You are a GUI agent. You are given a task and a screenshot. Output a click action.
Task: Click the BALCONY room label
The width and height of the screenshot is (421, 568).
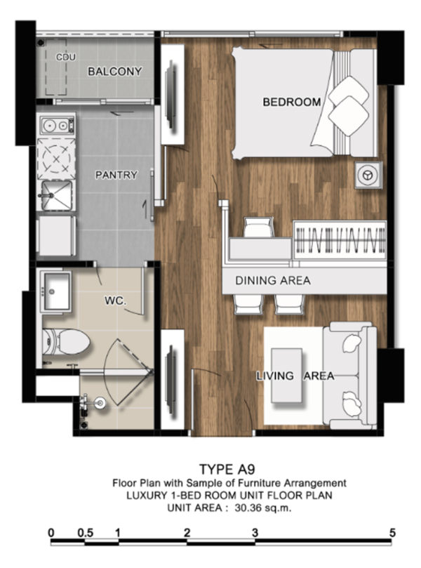click(x=115, y=72)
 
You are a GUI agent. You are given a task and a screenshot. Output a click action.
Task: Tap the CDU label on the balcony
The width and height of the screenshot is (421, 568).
click(x=65, y=57)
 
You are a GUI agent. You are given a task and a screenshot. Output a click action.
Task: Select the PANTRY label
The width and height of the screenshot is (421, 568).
click(x=116, y=175)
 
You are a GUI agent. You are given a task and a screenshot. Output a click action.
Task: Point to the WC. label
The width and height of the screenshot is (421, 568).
click(x=116, y=300)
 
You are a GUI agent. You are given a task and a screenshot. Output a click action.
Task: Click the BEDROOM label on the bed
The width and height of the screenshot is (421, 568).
click(x=292, y=102)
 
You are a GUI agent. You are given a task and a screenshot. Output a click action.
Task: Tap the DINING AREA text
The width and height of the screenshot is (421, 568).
click(x=272, y=280)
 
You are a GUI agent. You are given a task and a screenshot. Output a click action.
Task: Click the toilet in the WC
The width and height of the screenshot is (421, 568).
click(x=65, y=342)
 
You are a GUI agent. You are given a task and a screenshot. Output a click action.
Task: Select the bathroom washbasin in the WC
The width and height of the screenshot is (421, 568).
click(x=57, y=291)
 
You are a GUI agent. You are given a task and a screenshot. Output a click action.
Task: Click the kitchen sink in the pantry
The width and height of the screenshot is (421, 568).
click(x=56, y=196)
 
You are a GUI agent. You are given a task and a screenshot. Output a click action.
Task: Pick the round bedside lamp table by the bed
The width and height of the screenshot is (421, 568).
click(x=368, y=175)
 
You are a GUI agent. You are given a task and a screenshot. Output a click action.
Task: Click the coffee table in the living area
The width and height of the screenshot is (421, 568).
click(x=287, y=376)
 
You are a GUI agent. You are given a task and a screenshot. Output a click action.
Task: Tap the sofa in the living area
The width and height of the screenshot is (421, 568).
click(x=350, y=375)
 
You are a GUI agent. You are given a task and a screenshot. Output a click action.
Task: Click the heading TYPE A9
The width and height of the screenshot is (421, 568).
click(x=227, y=470)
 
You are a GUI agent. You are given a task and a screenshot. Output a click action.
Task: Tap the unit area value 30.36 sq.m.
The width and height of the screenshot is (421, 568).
click(x=263, y=508)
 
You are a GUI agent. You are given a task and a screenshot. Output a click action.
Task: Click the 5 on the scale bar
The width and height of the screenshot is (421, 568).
click(x=393, y=533)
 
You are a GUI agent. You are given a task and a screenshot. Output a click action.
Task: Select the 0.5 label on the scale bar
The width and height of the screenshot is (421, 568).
click(x=86, y=533)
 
